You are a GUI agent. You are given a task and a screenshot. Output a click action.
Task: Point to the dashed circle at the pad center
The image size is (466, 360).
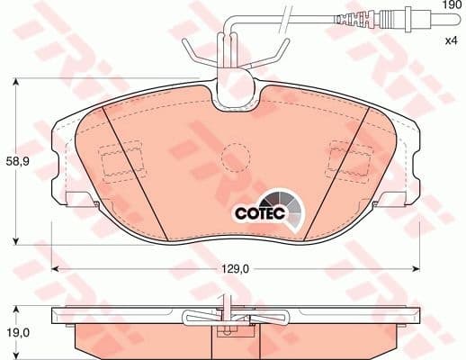pos(237,156)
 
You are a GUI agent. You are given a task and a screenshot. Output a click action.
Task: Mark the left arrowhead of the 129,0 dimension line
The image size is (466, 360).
pos(55,268)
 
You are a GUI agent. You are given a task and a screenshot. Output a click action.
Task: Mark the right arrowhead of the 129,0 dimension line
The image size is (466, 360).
pos(416,268)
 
